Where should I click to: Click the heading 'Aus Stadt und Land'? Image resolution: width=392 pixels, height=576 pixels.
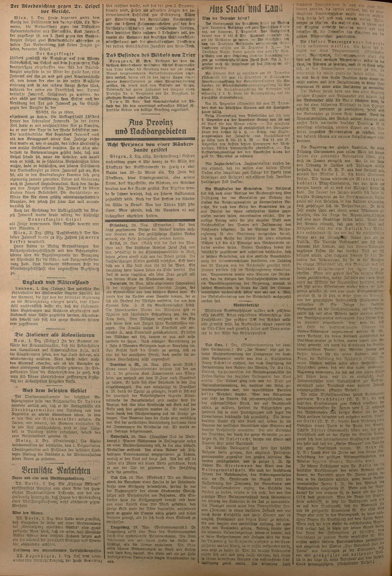[246, 10]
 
